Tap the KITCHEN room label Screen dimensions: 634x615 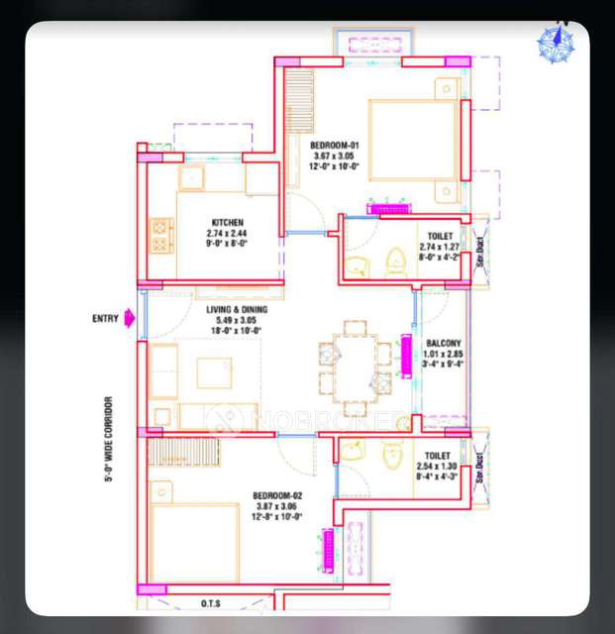pos(227,222)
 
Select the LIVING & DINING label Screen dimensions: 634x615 pos(236,310)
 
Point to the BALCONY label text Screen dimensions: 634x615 pos(444,343)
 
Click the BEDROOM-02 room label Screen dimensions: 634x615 pos(276,495)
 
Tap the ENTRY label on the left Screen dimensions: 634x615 pos(105,319)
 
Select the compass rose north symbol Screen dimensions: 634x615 pos(555,43)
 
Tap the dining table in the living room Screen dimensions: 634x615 pos(355,368)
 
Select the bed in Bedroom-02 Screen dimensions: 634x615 pos(194,543)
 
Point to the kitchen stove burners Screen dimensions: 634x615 pos(161,237)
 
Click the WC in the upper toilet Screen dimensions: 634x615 pos(395,261)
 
